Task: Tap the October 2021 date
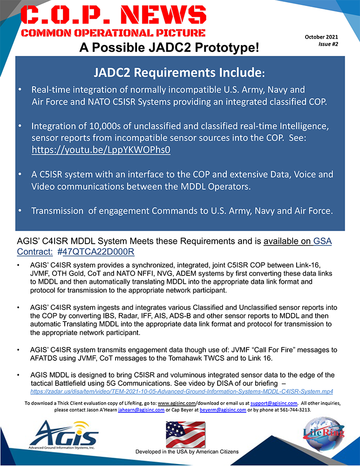pos(321,37)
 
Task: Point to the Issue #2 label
pos(329,44)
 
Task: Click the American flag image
pos(185,434)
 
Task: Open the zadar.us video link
pos(182,391)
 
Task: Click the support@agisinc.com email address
pos(273,403)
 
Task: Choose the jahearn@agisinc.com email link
pos(141,410)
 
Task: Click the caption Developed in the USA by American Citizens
pos(187,452)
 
